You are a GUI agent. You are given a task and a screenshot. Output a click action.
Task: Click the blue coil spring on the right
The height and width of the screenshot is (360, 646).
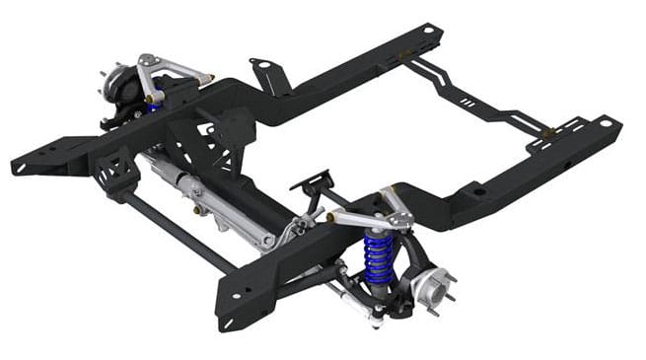pyautogui.click(x=376, y=259)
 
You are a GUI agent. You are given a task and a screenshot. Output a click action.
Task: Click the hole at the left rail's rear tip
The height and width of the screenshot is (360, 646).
pyautogui.click(x=429, y=31)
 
